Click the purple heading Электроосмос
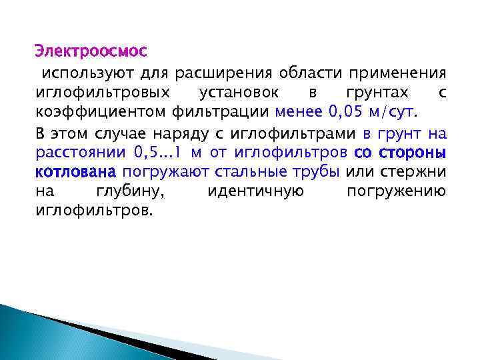point(91,51)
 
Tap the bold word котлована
point(75,172)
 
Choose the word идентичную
point(256,192)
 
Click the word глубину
point(131,192)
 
